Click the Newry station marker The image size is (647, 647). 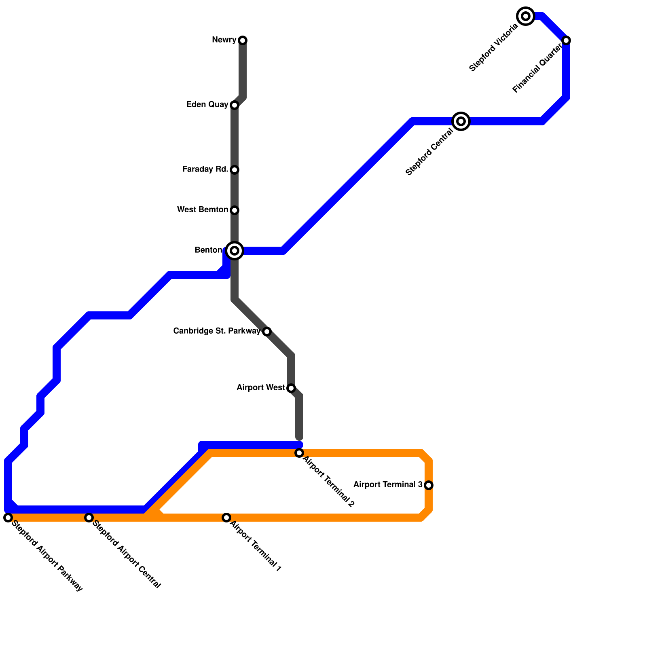pos(243,40)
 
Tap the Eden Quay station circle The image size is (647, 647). pos(235,105)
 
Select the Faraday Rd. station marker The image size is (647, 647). pos(235,170)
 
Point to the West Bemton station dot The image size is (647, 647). pos(235,210)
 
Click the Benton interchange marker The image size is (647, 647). pos(235,251)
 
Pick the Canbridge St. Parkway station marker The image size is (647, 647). pos(267,332)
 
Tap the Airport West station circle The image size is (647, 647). pos(291,388)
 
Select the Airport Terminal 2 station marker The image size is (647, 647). pos(299,453)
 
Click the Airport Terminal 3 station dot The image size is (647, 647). pos(429,485)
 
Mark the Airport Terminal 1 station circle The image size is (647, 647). pos(226,518)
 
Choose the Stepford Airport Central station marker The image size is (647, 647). pos(89,518)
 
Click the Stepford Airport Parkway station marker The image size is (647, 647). pos(8,518)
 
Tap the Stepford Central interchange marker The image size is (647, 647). pos(461,121)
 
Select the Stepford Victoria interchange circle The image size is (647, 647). pos(526,16)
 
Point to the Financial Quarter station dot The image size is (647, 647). pos(566,40)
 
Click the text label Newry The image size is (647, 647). pos(224,40)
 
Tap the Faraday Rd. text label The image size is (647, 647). pos(205,169)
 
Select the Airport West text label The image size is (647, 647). pos(260,388)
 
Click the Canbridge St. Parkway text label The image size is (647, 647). pos(217,331)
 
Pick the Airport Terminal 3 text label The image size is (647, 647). pos(388,485)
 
